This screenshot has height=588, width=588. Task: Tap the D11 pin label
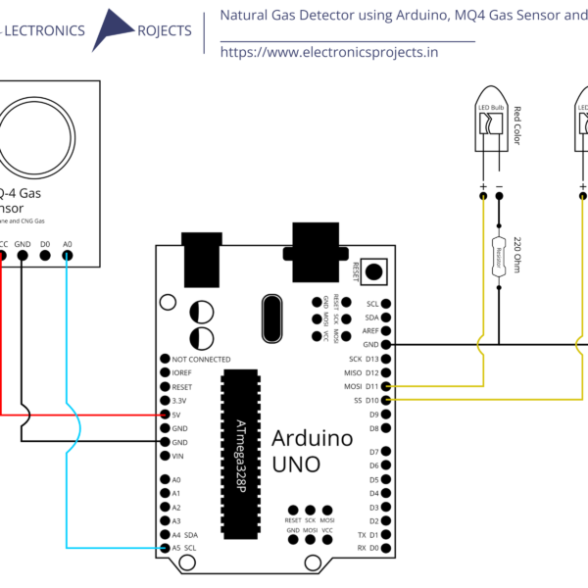tap(372, 387)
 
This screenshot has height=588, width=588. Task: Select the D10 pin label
tap(372, 401)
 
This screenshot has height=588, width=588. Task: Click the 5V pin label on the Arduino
tap(176, 415)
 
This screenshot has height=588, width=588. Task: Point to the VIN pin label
tap(178, 456)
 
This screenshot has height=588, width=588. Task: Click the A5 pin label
tap(176, 547)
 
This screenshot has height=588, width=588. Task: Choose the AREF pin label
tap(370, 331)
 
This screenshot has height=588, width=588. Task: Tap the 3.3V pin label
tap(178, 401)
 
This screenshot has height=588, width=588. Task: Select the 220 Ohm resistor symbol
tap(499, 256)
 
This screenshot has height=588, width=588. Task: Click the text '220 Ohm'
tap(517, 256)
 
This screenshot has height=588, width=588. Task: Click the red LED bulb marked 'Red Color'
tap(490, 127)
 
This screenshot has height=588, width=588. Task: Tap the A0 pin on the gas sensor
tap(67, 256)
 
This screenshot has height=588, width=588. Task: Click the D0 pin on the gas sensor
tap(45, 256)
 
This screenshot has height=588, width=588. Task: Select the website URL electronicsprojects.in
tap(328, 52)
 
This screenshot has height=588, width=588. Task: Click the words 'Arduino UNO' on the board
tap(312, 451)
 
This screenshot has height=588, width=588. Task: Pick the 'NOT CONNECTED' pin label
tap(201, 360)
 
